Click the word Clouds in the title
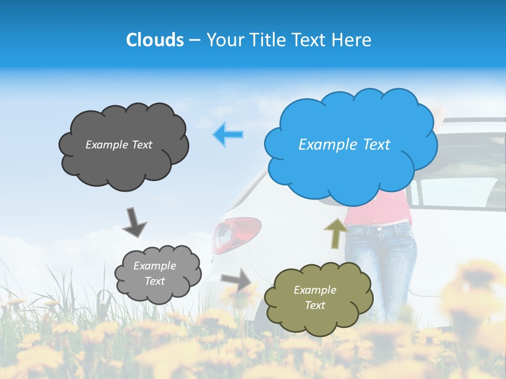(155, 40)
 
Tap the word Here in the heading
(353, 40)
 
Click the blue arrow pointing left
(228, 134)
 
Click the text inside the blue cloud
(344, 145)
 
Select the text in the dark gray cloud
(119, 145)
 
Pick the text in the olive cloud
(315, 297)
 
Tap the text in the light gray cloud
(154, 273)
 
